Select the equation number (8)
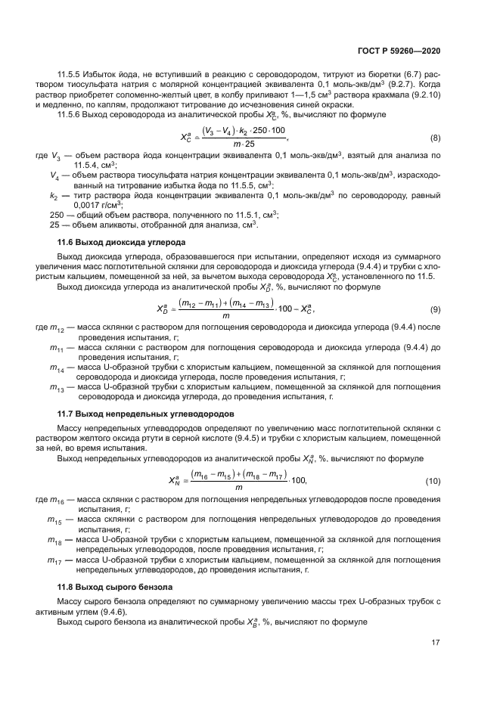click(436, 137)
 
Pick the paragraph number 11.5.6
click(71, 114)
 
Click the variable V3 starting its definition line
click(55, 156)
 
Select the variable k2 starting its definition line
click(54, 195)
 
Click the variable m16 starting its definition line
click(56, 500)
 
